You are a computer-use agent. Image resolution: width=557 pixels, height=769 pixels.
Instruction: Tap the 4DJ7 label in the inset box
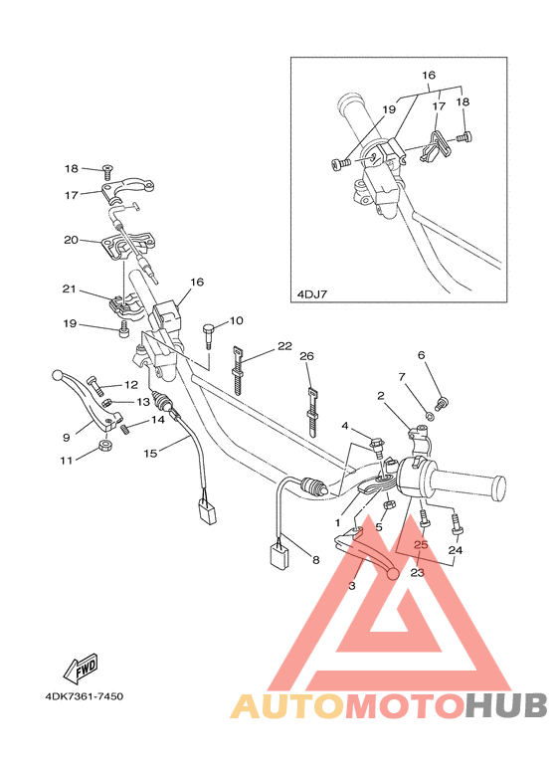313,294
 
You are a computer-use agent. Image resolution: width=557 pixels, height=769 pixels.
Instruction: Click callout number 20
71,240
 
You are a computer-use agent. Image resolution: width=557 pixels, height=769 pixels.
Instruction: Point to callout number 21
69,289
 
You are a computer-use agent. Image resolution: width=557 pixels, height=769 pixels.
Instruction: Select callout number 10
236,320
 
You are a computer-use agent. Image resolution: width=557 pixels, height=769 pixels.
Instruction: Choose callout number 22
284,345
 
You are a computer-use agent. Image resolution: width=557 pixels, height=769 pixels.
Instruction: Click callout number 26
306,355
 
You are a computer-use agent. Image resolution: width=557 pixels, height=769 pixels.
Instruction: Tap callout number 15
151,454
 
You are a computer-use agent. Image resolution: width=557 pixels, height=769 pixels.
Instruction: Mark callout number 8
315,560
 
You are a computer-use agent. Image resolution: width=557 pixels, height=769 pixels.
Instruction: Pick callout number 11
68,461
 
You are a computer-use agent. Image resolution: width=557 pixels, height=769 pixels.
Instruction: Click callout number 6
421,355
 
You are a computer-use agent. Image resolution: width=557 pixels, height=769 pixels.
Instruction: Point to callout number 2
380,395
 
